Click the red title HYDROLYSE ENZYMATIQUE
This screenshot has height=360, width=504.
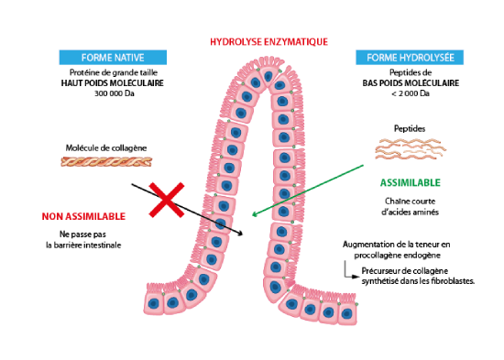268,42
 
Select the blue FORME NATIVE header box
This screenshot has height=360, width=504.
113,58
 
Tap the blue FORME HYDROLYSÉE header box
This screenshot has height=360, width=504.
410,58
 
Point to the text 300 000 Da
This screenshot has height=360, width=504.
115,93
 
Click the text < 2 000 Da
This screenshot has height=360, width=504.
411,93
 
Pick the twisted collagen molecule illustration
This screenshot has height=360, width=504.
106,161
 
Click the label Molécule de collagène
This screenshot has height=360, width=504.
106,147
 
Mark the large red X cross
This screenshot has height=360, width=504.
167,200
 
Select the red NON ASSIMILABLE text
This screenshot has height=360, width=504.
83,216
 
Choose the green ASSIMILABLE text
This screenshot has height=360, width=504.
411,182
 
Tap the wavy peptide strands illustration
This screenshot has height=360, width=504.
411,148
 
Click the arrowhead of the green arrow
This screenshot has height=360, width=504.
254,214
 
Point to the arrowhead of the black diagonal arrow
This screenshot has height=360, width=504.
240,234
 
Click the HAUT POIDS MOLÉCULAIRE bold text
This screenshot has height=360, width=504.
113,83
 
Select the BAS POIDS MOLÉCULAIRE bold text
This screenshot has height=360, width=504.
411,83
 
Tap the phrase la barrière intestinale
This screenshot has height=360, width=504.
83,245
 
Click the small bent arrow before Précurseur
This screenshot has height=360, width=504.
350,272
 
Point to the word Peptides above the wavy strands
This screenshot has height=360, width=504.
410,128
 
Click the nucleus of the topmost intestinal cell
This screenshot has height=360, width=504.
268,77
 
